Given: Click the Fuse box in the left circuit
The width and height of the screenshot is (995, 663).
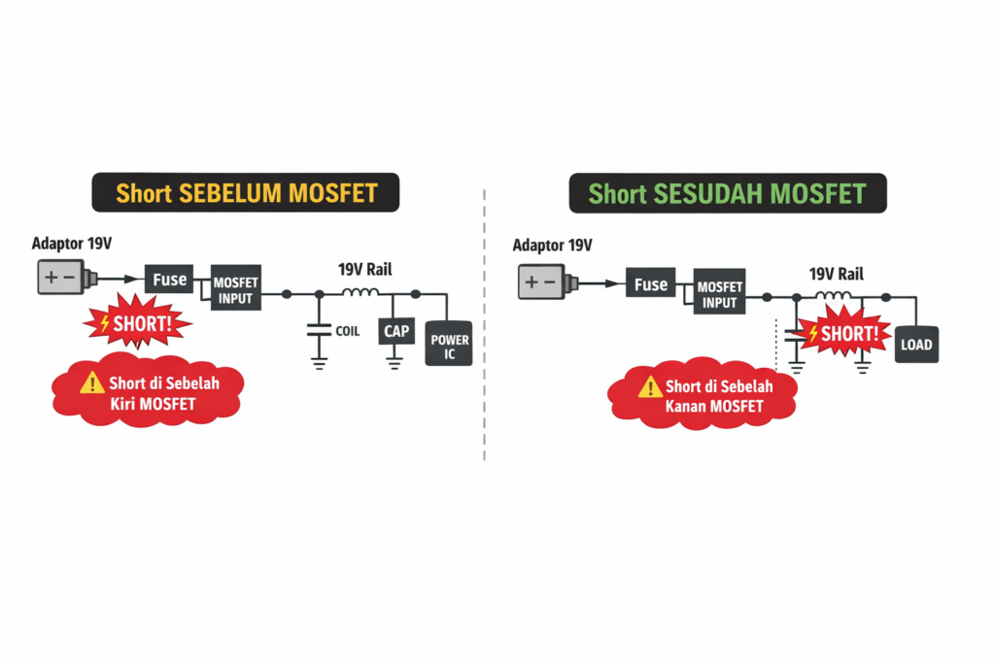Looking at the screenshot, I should [169, 280].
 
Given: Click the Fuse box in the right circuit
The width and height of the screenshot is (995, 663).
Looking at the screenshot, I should [650, 283].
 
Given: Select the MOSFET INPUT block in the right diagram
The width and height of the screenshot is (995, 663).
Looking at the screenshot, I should [719, 294].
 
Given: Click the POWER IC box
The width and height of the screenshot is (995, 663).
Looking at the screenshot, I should [449, 346].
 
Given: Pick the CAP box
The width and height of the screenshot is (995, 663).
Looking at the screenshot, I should [395, 332].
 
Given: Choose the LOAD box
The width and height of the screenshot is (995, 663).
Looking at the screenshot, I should [915, 345].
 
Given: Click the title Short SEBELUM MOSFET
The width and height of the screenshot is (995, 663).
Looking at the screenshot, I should [246, 192].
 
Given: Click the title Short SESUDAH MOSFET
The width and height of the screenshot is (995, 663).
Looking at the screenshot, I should [727, 193].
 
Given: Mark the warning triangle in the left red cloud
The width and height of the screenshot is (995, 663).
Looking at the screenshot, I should [91, 381].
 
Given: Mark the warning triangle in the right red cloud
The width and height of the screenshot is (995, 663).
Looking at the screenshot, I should [650, 386].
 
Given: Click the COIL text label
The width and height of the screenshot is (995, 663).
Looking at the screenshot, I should [348, 331].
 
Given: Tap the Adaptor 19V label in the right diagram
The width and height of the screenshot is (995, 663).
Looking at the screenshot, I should [552, 246].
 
